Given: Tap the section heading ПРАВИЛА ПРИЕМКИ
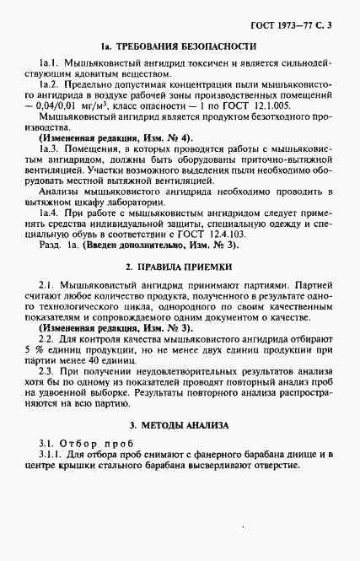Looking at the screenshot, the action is (190, 290).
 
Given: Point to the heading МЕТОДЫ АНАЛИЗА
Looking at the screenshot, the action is (190, 425).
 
